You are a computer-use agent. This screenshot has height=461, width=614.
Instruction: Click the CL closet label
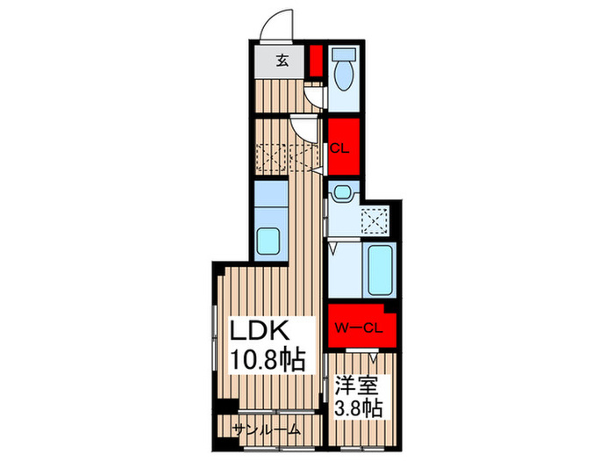pos(339,148)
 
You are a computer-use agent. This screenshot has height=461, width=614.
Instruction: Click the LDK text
pos(260,330)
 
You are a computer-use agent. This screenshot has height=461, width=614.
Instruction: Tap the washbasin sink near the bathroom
pos(343,193)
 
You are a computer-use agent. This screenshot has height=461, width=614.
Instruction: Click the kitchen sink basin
pos(269,241)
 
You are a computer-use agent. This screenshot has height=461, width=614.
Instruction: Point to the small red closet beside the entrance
pos(317,59)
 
